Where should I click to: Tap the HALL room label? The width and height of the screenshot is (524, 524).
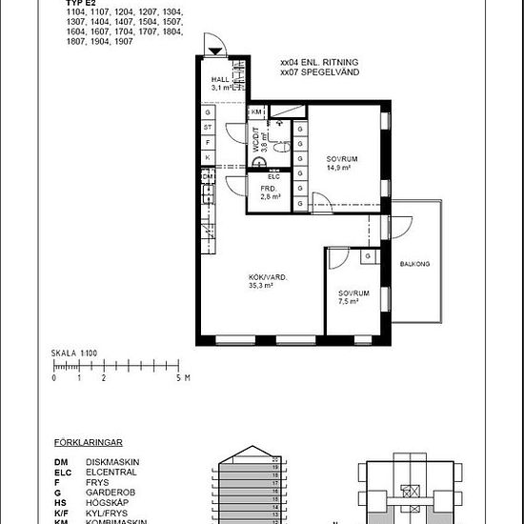(220, 80)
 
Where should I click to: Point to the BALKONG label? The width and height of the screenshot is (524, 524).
(414, 264)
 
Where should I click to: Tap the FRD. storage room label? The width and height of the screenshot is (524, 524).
(269, 189)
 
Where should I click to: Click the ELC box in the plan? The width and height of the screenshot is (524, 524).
(272, 176)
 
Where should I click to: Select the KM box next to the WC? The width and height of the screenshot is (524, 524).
(256, 111)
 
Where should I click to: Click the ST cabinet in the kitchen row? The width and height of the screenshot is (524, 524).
(208, 128)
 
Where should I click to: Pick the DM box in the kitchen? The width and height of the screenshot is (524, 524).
(207, 176)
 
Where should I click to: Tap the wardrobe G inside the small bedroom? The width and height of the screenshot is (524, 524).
(367, 256)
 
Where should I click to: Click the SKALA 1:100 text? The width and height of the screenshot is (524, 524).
(74, 353)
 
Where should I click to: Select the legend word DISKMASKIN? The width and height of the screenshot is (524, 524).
(112, 461)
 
